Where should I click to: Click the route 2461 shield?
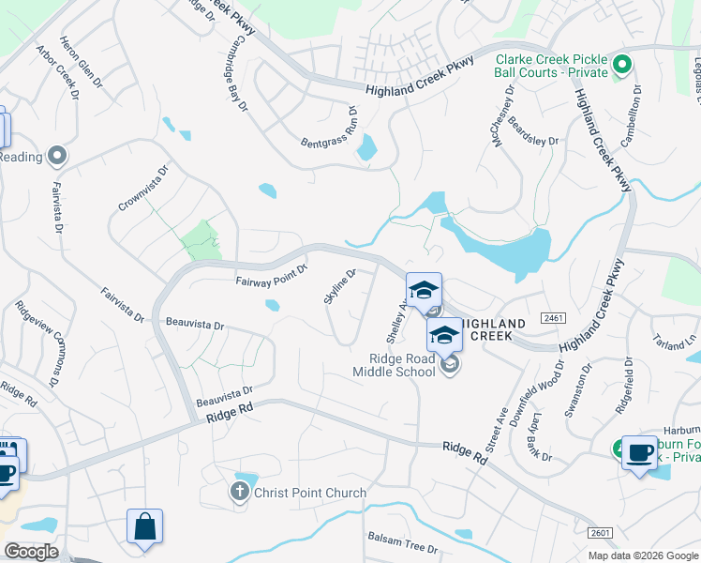553,319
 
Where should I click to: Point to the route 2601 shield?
601,533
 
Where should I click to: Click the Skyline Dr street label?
340,287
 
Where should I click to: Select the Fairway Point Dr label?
272,274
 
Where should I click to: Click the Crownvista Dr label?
143,189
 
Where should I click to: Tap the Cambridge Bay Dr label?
239,74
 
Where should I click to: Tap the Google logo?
30,552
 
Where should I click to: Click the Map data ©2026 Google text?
643,555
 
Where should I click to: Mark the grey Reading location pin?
57,156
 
